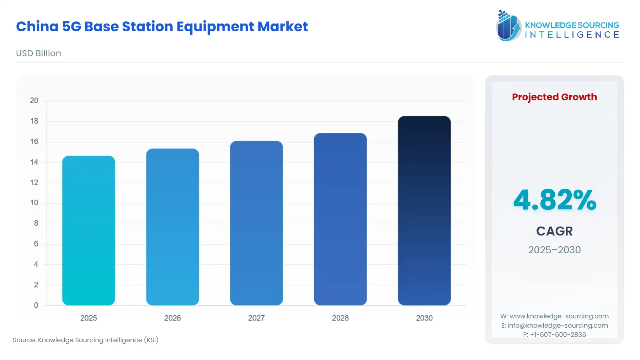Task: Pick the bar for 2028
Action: click(x=340, y=219)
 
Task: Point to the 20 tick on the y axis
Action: click(x=34, y=101)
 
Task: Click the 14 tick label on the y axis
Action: click(x=34, y=162)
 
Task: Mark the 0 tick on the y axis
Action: click(x=36, y=305)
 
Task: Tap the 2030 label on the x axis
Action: click(x=424, y=318)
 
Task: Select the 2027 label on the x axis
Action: click(x=256, y=318)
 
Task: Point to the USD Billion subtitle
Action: click(x=38, y=53)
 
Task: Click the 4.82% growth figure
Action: click(x=555, y=200)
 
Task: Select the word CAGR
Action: click(x=554, y=231)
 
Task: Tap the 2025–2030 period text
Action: click(x=554, y=250)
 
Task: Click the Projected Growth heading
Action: click(x=554, y=97)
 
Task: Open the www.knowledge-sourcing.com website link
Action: click(x=559, y=316)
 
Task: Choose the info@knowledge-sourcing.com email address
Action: click(x=558, y=325)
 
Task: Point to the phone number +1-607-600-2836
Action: click(x=558, y=335)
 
